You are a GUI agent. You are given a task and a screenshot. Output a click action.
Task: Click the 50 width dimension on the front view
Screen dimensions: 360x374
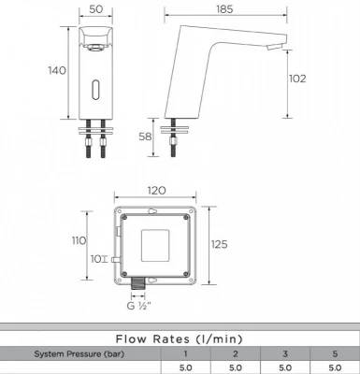coord(96,9)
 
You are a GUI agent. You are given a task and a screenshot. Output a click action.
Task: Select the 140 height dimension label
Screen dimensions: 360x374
coord(57,70)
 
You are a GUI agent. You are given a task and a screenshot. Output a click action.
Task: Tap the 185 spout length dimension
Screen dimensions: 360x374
coord(224,9)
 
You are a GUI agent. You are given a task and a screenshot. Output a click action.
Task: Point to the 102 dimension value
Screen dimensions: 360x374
coord(297,79)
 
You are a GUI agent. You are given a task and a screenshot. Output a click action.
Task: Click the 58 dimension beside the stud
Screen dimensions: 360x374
coord(145,137)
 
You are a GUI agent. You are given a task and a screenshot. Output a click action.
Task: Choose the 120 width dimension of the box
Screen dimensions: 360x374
coord(156,191)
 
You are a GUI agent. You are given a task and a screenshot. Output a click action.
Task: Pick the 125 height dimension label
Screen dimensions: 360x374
coord(219,244)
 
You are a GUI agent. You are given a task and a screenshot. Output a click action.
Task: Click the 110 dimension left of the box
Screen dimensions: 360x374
coord(79,240)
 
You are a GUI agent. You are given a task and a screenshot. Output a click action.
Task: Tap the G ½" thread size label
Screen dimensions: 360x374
coord(138,306)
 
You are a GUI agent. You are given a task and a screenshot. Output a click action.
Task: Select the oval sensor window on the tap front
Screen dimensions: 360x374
coord(95,89)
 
